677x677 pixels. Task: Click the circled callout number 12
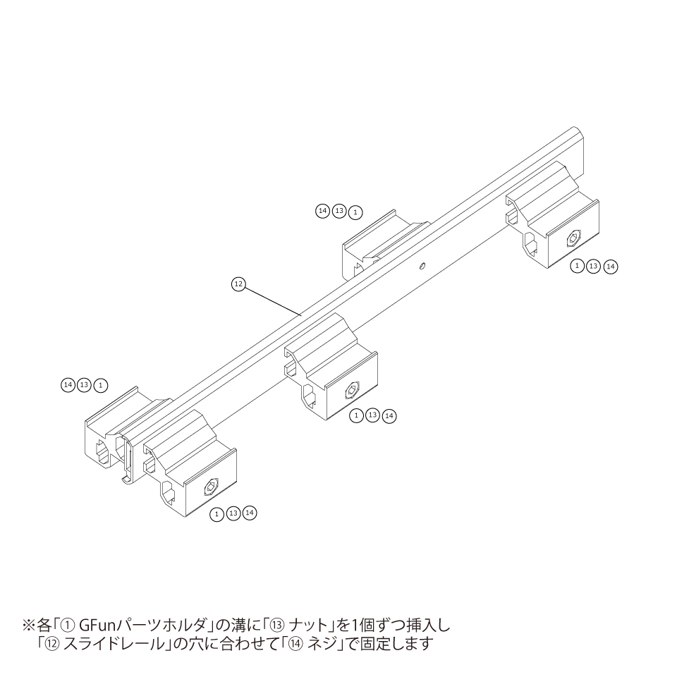[238, 283]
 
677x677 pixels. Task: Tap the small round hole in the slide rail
[421, 266]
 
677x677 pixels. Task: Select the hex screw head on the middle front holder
[354, 390]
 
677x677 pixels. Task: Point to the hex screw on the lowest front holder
[210, 487]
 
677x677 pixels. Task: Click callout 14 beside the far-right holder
[611, 266]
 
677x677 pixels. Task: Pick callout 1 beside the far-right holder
[577, 266]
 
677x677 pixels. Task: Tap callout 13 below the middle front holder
[373, 415]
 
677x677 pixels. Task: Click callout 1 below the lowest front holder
[217, 514]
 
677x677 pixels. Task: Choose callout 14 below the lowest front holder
[250, 513]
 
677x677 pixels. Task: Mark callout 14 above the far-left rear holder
[68, 385]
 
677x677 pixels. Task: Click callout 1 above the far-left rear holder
[102, 385]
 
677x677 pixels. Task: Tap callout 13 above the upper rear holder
[339, 211]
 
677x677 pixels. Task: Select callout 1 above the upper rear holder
[356, 211]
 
